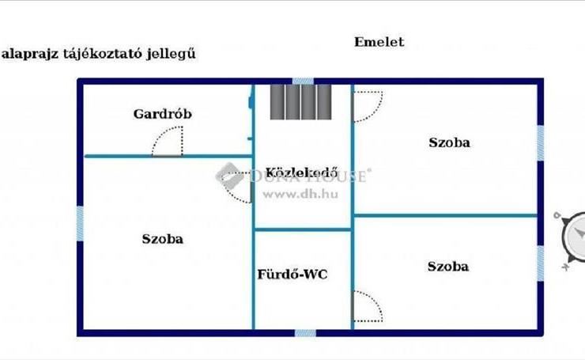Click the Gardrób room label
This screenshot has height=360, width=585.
click(162, 114)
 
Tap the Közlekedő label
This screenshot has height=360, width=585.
click(302, 172)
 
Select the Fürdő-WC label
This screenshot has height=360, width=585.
click(292, 275)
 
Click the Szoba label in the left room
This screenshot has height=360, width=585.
click(163, 238)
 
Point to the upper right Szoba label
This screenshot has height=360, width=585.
click(449, 142)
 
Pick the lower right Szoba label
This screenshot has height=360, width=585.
click(448, 266)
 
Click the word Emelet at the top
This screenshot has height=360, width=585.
click(379, 42)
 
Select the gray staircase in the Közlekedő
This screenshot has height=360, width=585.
click(300, 100)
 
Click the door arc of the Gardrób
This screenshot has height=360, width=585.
click(169, 142)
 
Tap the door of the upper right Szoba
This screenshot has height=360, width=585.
click(366, 104)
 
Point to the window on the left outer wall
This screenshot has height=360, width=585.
click(79, 224)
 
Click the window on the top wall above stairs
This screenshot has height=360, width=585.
click(302, 80)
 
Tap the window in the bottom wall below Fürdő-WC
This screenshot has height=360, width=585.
click(306, 333)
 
